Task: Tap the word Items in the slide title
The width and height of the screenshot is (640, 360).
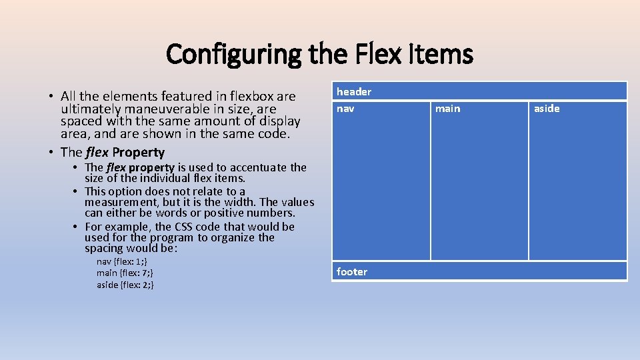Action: pos(439,54)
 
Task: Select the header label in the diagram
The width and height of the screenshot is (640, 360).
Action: pos(354,91)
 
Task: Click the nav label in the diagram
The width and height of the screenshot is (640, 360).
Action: pos(345,109)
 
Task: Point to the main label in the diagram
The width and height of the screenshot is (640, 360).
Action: pos(447,109)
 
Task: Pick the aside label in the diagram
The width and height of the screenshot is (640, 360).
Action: pos(547,109)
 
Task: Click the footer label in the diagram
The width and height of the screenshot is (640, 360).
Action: pos(352,271)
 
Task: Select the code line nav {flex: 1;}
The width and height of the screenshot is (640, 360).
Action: pos(122,261)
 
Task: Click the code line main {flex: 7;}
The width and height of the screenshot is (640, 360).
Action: pos(125,273)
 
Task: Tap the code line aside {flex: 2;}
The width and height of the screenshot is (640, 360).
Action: pos(125,285)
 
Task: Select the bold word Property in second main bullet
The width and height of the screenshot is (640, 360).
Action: pos(138,152)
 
